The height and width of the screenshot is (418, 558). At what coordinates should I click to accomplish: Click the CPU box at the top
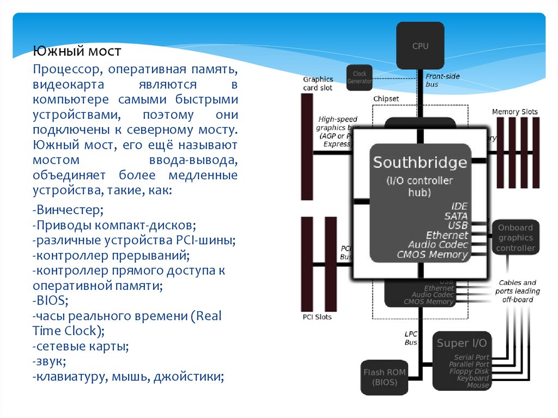point(420,46)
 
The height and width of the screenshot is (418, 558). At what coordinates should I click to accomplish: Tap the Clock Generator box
point(360,77)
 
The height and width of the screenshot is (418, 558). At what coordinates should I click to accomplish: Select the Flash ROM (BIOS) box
point(384,377)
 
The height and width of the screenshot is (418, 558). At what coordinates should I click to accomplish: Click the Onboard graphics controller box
point(515,238)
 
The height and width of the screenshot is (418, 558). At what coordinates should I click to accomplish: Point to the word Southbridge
point(420,162)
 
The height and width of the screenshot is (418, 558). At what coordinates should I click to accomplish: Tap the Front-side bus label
point(442,81)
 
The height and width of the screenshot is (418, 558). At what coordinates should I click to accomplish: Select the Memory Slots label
point(514,112)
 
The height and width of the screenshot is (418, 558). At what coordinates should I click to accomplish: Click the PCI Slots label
point(317,317)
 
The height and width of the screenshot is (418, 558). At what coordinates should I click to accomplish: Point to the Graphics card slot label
point(318,83)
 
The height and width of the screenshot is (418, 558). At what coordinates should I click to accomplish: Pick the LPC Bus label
point(410,338)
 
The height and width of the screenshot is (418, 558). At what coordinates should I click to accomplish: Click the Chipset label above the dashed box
point(386,99)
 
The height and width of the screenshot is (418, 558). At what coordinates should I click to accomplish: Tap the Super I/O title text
point(462,343)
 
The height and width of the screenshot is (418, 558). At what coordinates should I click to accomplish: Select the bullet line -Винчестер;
point(68,210)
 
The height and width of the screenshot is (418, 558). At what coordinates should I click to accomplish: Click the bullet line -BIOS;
point(50,300)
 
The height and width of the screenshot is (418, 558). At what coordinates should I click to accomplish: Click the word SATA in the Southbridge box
point(456,216)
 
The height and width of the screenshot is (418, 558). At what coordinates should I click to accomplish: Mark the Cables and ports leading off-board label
point(518,291)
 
